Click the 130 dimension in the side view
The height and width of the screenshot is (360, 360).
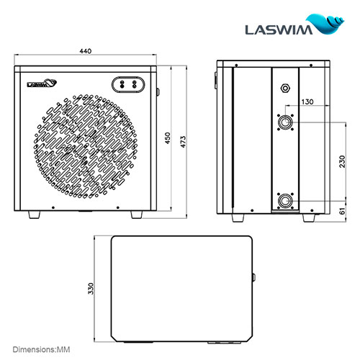307,102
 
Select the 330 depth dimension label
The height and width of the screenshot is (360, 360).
91,288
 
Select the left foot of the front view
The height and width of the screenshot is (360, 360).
35,214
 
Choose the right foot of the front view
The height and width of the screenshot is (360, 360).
137,214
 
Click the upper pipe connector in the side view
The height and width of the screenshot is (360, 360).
287,123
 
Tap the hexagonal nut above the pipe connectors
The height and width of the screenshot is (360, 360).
287,89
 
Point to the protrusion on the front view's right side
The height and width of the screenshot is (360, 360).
158,91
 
